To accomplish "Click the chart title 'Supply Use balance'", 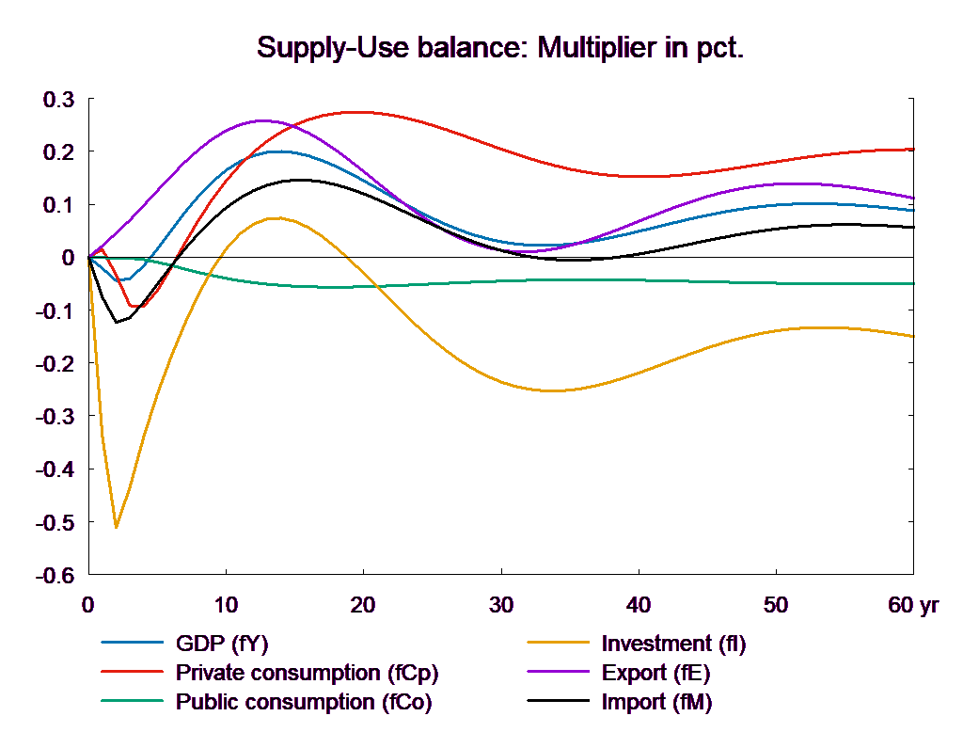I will point(499,48).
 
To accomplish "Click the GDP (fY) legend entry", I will point(223,644).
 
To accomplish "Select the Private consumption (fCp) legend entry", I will point(307,674).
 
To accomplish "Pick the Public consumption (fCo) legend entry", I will point(303,702).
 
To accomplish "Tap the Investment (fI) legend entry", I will point(673,644).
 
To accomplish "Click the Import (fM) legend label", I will point(656,702).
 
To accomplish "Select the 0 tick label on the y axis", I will point(68,258).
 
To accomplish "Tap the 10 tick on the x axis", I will point(225,605).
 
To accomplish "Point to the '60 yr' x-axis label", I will point(913,605).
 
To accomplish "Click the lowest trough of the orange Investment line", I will point(116,527).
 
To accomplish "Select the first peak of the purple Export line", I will point(260,120).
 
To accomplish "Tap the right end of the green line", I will point(914,283).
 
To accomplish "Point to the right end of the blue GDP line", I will point(914,210).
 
